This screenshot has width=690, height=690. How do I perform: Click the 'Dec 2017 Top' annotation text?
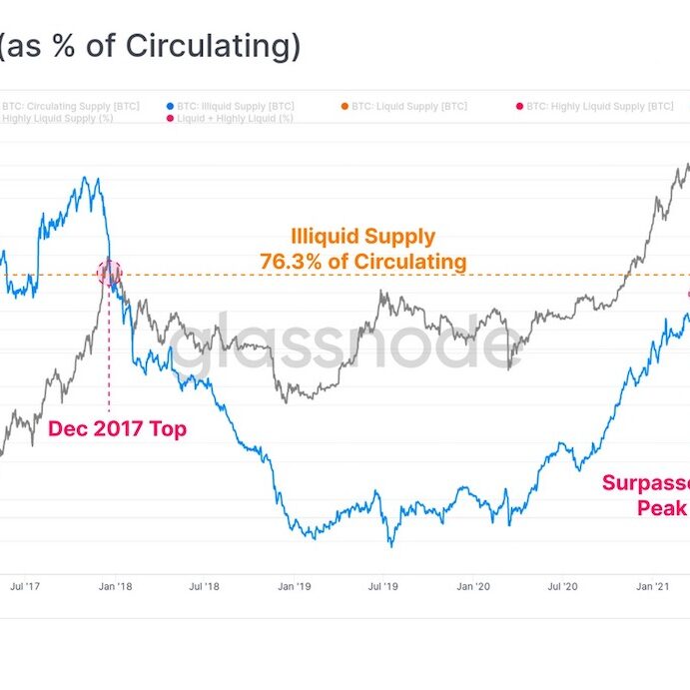117,429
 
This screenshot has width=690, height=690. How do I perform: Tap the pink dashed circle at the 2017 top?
109,272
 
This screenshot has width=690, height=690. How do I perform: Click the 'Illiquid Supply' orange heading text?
362,237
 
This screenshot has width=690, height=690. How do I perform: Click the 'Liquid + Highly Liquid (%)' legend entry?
235,119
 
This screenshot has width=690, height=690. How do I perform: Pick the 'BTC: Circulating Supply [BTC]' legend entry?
70,106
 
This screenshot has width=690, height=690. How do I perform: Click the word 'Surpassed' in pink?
644,484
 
